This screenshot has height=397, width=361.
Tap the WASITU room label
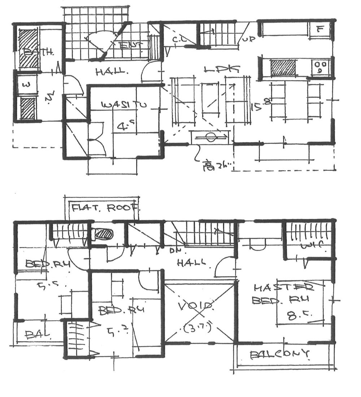pos(119,105)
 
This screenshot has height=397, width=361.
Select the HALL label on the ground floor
pos(112,72)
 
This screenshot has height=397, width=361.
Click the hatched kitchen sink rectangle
pos(283,68)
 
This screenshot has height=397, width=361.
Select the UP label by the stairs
pos(248,38)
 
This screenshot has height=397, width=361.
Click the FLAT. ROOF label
pos(105,208)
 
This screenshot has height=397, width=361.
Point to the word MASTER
pos(283,288)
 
